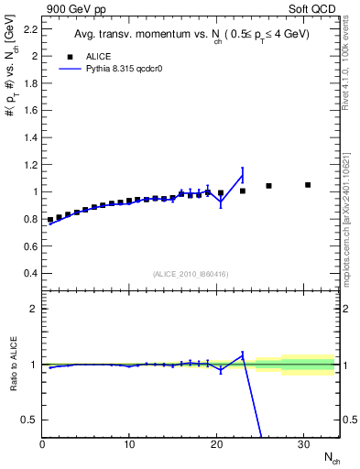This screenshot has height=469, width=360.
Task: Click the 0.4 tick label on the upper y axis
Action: pyautogui.click(x=29, y=273)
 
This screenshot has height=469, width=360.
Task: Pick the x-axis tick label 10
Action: pyautogui.click(x=129, y=444)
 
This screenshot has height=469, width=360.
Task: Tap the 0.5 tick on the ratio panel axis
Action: pyautogui.click(x=27, y=420)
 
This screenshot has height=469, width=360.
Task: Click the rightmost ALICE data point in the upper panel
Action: pyautogui.click(x=308, y=185)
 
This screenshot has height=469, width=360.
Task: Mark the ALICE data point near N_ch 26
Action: pyautogui.click(x=268, y=186)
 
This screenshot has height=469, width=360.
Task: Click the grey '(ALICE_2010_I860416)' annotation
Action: pyautogui.click(x=191, y=274)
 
